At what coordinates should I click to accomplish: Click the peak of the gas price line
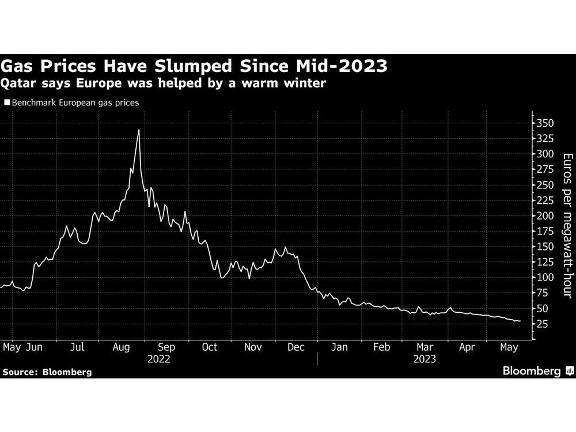click(x=139, y=130)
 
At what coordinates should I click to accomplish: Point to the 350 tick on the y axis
click(x=544, y=123)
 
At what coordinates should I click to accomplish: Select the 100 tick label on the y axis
click(x=544, y=277)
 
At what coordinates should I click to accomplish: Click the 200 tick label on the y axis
click(x=544, y=215)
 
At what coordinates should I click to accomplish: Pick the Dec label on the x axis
click(x=296, y=347)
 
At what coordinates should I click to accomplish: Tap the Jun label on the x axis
click(x=34, y=347)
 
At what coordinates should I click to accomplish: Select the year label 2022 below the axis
click(x=158, y=358)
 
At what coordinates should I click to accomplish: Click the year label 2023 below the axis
click(x=425, y=358)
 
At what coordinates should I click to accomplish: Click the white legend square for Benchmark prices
click(x=7, y=103)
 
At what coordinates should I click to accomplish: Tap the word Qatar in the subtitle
click(x=18, y=84)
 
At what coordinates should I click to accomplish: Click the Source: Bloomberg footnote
click(x=47, y=372)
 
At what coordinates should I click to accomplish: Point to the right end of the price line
click(x=520, y=321)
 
